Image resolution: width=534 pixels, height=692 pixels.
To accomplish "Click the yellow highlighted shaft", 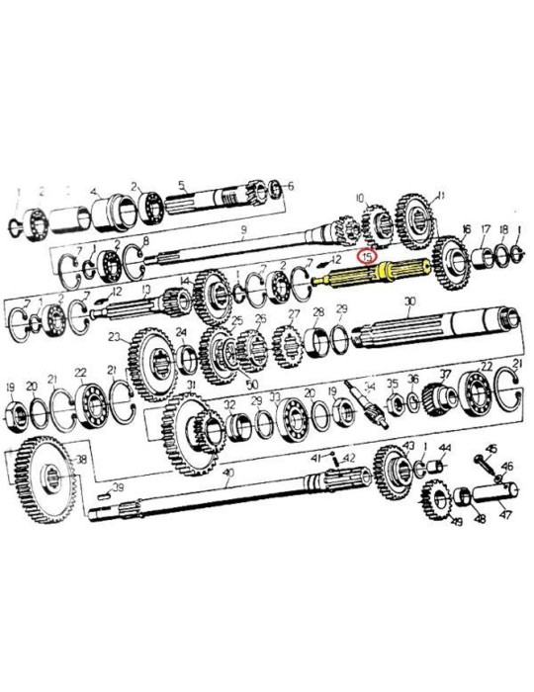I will click(x=371, y=274).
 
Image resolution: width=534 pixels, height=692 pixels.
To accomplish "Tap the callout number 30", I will click(x=408, y=302).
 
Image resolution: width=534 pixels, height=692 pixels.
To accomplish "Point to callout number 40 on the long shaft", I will click(x=228, y=474).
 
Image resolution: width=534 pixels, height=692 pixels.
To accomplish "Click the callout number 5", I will click(x=181, y=184).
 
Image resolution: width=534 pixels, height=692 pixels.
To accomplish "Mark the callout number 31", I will click(x=190, y=385).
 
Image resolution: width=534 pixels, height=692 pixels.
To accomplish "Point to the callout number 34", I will click(x=371, y=386).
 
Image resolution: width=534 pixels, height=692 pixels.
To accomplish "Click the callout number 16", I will click(x=466, y=228).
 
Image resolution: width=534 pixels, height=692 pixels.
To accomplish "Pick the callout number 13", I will click(x=146, y=290).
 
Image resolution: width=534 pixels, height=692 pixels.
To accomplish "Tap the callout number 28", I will click(x=317, y=312).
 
